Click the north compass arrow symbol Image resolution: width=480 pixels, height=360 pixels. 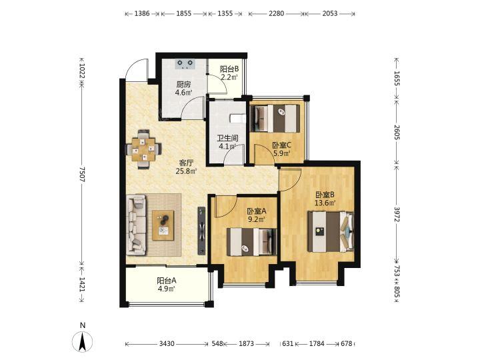pyautogui.click(x=83, y=341)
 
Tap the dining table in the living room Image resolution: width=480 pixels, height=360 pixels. pyautogui.click(x=143, y=149)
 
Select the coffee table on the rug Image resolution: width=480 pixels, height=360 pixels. pyautogui.click(x=163, y=225)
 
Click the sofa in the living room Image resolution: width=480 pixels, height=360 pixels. pyautogui.click(x=136, y=225)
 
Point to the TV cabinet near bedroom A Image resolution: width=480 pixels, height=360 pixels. pyautogui.click(x=201, y=231)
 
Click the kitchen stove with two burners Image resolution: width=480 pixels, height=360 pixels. pyautogui.click(x=185, y=64)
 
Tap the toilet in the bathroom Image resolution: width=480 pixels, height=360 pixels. pyautogui.click(x=238, y=118)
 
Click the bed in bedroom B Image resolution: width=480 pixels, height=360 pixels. pyautogui.click(x=331, y=231)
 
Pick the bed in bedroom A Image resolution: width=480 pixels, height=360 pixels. pyautogui.click(x=251, y=242)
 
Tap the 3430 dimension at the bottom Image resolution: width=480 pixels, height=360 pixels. pyautogui.click(x=167, y=344)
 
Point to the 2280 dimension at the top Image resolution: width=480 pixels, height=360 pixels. pyautogui.click(x=277, y=13)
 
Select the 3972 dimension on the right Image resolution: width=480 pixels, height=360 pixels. pyautogui.click(x=397, y=214)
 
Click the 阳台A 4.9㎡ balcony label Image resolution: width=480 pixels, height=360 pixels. pyautogui.click(x=166, y=285)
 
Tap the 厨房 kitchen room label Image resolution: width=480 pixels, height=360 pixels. pyautogui.click(x=183, y=84)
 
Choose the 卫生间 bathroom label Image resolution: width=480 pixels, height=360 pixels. pyautogui.click(x=228, y=139)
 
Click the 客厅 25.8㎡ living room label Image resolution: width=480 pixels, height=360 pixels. pyautogui.click(x=187, y=167)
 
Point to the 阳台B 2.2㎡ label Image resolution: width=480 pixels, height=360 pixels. pyautogui.click(x=229, y=73)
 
